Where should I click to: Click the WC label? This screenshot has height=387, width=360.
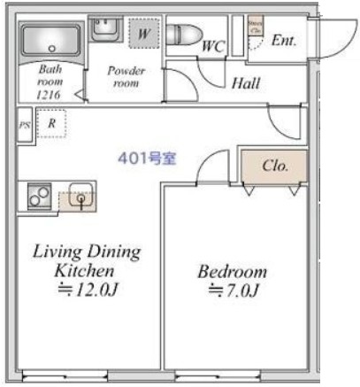213,45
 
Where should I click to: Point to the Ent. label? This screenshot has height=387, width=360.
284,40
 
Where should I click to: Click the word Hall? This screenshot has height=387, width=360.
245,85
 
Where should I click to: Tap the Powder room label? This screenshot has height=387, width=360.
126,76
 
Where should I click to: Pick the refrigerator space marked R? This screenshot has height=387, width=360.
52,125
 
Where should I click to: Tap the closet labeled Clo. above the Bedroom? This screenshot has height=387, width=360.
274,166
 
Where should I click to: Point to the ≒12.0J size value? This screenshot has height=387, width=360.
87,288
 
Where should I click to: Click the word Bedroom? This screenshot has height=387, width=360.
232,271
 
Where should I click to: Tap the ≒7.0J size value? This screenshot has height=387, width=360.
232,290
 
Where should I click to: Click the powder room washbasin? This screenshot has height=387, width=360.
104,27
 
